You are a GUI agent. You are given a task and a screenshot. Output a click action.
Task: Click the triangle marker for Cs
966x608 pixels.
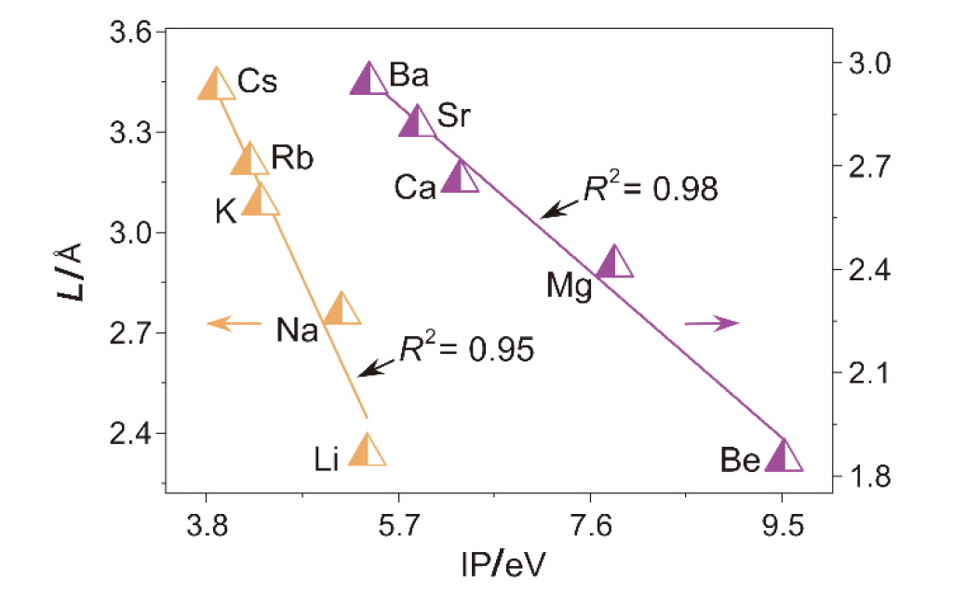(216, 85)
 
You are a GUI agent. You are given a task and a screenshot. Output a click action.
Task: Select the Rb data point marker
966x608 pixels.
(248, 160)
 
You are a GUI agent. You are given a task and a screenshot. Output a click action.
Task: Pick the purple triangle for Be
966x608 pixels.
(784, 456)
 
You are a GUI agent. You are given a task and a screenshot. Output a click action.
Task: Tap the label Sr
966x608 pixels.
(453, 117)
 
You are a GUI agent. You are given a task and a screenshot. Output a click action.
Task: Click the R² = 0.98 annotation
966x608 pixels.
(651, 188)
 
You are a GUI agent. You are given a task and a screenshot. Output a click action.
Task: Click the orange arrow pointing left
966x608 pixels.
(234, 323)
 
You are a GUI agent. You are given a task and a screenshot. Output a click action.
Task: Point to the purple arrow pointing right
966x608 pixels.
(712, 323)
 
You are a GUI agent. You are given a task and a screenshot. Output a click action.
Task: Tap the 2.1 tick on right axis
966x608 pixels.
(866, 374)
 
